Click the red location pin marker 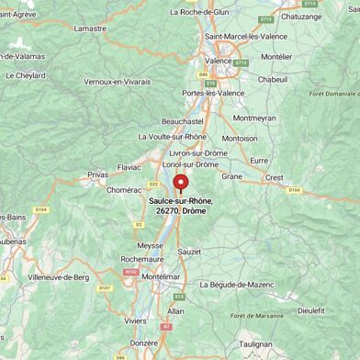[x=180, y=183]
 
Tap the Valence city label [x=218, y=61]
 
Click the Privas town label [x=98, y=174]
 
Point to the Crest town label [x=274, y=176]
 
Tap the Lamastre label [x=90, y=28]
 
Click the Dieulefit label [x=310, y=310]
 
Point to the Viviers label [x=135, y=321]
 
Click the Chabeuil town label [x=272, y=80]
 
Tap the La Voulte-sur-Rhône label [x=172, y=136]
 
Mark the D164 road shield [x=294, y=190]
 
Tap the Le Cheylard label [x=25, y=76]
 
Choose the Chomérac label [x=124, y=190]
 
